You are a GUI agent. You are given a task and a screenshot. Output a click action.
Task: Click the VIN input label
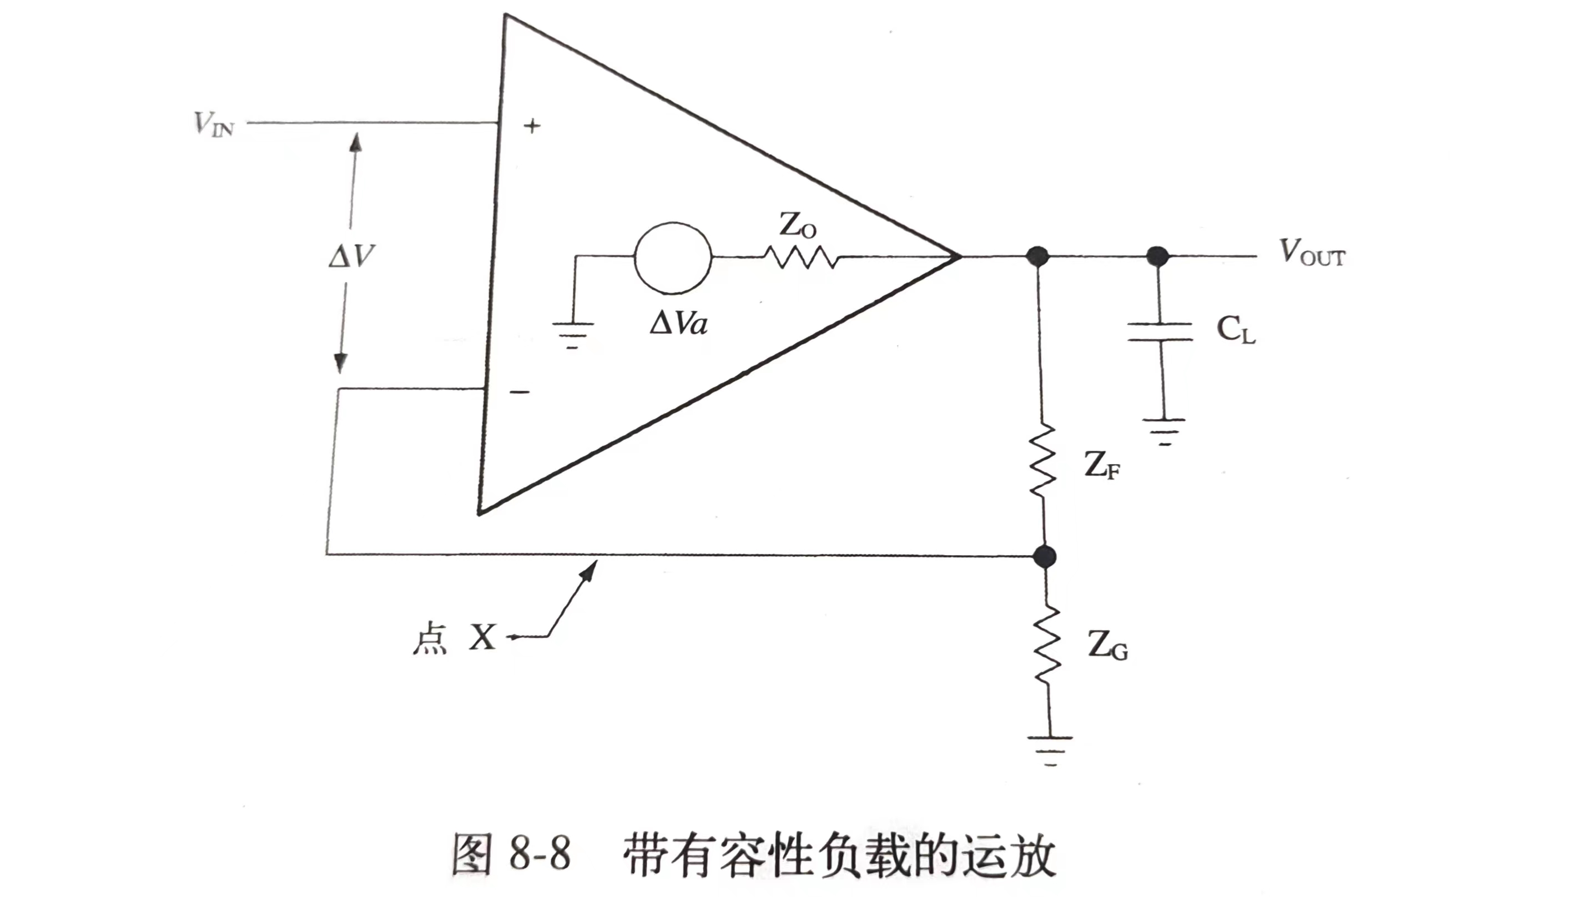(214, 124)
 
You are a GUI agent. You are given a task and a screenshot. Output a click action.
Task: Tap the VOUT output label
(1312, 254)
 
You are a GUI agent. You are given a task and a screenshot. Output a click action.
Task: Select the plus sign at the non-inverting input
(531, 126)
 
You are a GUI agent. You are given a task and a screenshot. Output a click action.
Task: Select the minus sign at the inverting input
(519, 392)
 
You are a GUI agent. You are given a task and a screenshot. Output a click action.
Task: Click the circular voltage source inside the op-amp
(672, 257)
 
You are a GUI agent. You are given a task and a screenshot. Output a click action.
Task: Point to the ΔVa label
(678, 322)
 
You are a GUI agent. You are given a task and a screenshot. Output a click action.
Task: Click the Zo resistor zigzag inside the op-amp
(802, 257)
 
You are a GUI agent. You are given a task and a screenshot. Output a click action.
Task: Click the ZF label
(1101, 465)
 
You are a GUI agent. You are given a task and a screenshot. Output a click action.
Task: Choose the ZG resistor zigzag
(1046, 646)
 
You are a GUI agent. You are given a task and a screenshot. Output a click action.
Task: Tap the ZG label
(1107, 646)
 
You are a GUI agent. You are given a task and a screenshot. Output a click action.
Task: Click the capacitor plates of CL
(1160, 332)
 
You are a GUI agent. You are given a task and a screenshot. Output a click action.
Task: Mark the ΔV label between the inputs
(351, 255)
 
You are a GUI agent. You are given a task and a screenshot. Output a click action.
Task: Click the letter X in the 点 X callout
(482, 637)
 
